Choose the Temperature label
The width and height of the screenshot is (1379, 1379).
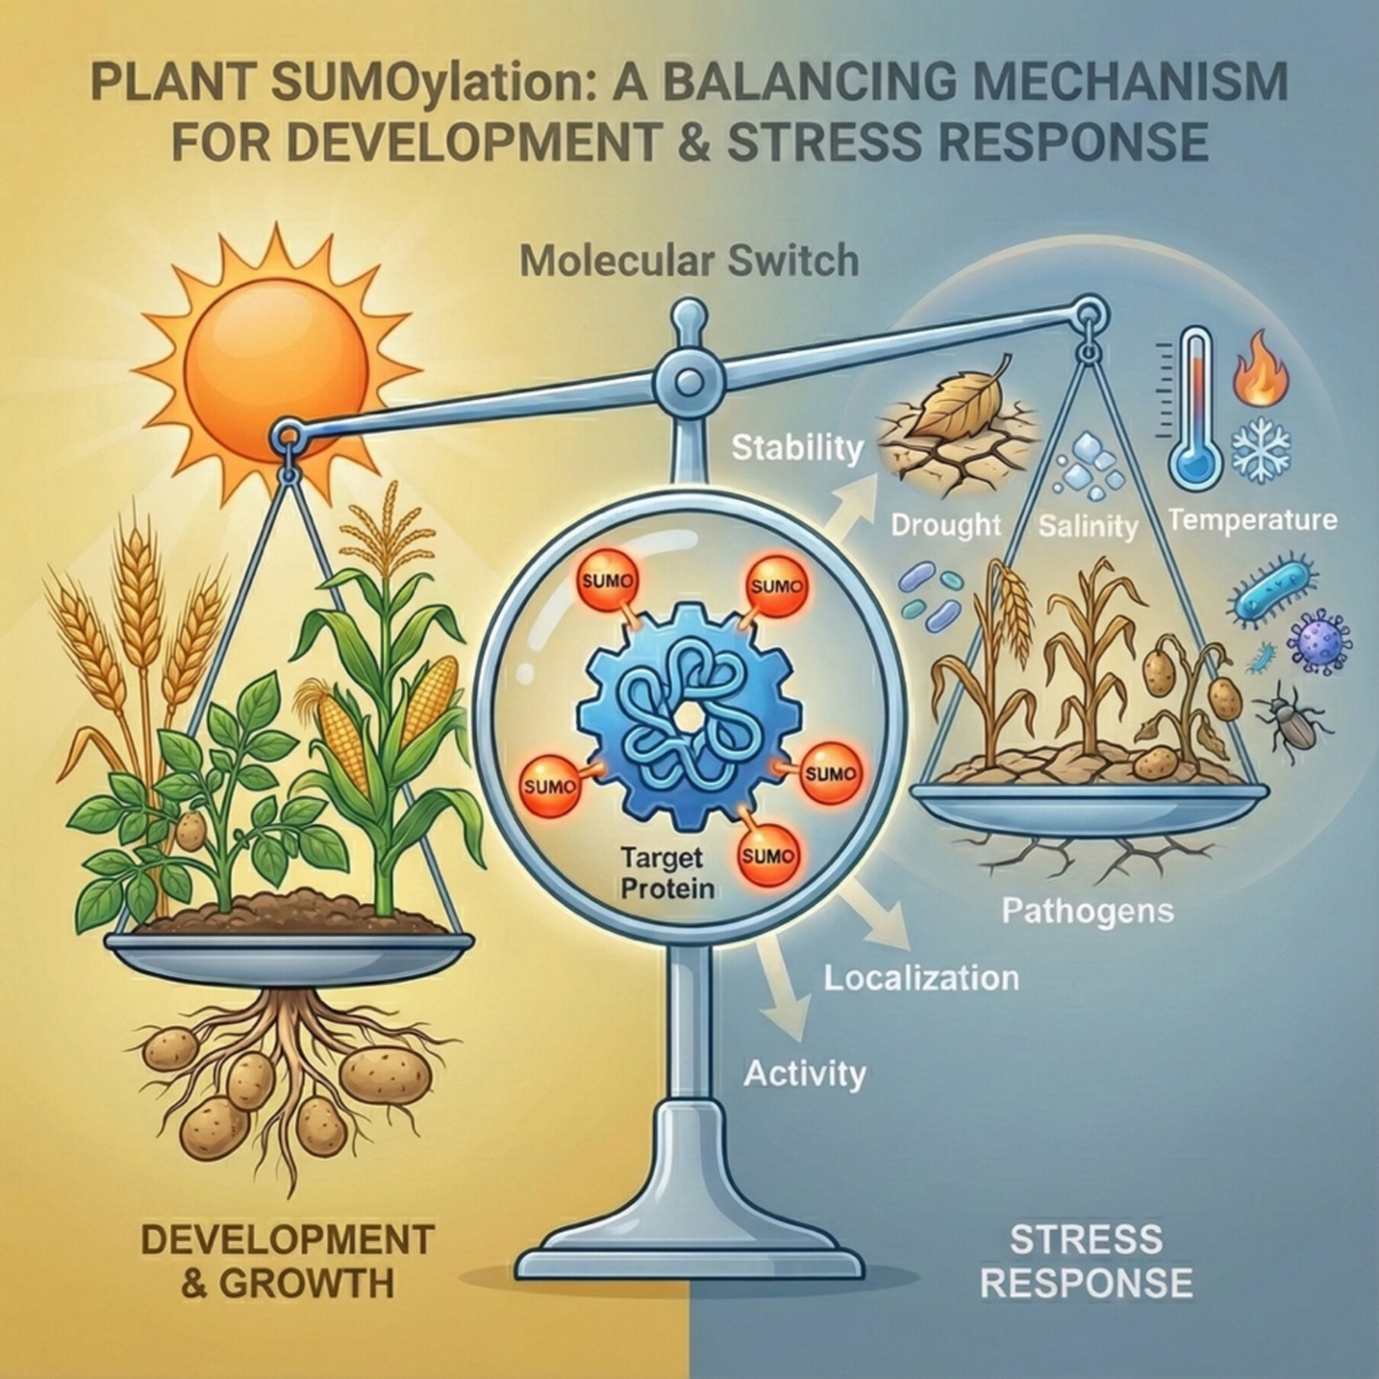[x=1253, y=520]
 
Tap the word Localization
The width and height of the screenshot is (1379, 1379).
[x=921, y=978]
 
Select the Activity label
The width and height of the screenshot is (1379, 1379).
[x=805, y=1073]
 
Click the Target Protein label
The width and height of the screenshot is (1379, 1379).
[x=661, y=873]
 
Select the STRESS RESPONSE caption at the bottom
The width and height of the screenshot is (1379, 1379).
[x=1086, y=1260]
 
